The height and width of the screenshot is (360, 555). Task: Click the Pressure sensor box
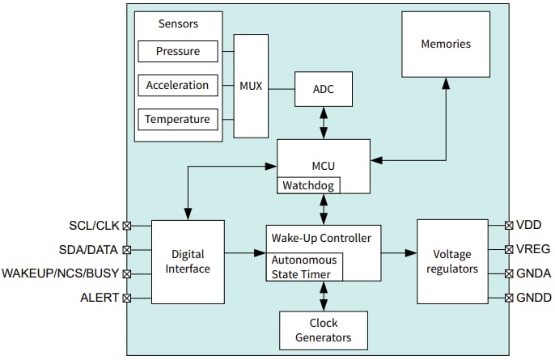tap(177, 52)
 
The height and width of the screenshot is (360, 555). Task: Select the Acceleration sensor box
tap(177, 86)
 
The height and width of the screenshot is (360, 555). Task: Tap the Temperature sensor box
tap(177, 120)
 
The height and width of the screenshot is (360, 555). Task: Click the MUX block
tap(252, 86)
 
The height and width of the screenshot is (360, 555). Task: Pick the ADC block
tap(324, 89)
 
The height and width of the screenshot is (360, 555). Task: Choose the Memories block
tap(445, 44)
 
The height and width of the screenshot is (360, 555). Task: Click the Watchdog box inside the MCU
tap(308, 185)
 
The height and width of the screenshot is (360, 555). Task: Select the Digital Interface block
tap(187, 262)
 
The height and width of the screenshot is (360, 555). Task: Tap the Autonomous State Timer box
tap(305, 267)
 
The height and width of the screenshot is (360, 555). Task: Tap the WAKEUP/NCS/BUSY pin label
tap(61, 274)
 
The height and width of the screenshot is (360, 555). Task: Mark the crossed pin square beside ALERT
tap(127, 299)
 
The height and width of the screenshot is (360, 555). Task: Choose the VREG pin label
tap(532, 249)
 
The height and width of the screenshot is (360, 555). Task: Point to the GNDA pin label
tap(533, 273)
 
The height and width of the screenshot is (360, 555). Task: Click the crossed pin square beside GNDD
tap(509, 299)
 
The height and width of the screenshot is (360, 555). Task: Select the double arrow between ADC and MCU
tap(324, 122)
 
